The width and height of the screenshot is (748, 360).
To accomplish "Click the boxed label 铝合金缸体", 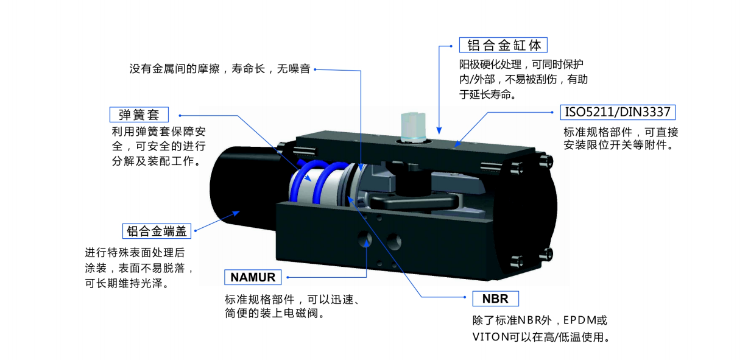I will (504, 45).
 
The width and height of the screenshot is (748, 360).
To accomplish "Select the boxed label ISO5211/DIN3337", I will (618, 112).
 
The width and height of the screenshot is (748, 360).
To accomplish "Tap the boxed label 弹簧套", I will (139, 115).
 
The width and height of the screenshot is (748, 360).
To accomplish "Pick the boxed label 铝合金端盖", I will (157, 231).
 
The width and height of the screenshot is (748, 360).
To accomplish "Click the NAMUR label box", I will (253, 277).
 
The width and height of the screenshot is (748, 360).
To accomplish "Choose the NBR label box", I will (495, 299).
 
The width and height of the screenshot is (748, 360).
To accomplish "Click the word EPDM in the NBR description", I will (573, 320).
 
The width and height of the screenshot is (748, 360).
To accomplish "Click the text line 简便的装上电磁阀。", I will (273, 314).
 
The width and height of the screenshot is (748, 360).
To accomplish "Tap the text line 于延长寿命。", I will (488, 94).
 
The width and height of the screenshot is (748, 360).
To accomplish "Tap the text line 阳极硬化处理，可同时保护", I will (522, 64).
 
